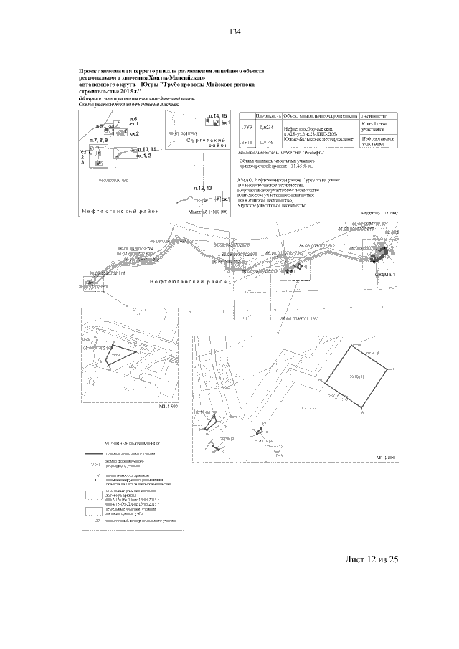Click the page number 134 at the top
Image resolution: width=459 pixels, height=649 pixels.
point(234,32)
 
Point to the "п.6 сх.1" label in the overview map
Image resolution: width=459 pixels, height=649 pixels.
point(133,120)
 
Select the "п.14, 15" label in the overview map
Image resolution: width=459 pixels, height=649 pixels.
point(217,115)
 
